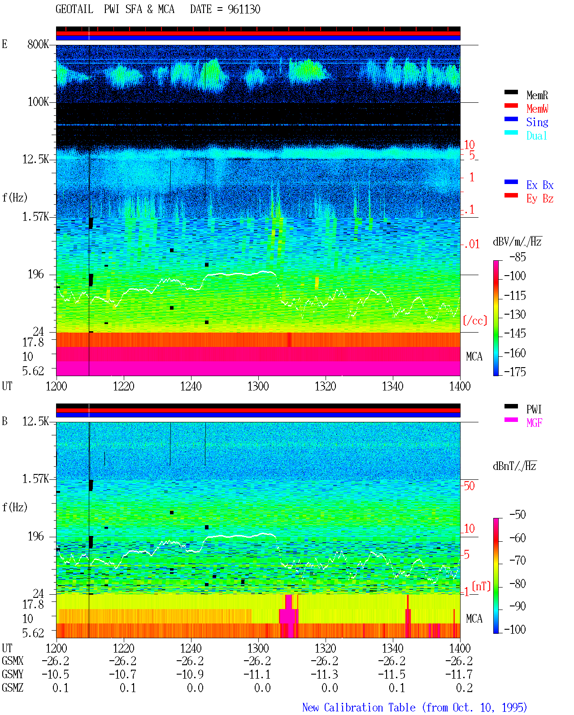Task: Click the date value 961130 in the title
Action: [244, 9]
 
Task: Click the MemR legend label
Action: [537, 95]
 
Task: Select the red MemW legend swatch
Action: [511, 105]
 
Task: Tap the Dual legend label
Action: [536, 136]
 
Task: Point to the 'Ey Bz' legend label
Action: [540, 198]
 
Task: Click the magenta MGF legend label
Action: [534, 423]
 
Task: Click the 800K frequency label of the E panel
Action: [38, 44]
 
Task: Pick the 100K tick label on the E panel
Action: [38, 102]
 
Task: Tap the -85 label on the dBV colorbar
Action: [517, 257]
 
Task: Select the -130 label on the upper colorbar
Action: [515, 314]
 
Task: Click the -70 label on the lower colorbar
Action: [517, 561]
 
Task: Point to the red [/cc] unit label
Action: [475, 320]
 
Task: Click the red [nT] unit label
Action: [481, 586]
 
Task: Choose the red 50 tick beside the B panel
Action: [469, 486]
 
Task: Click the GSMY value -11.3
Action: [324, 675]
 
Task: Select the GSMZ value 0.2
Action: [464, 688]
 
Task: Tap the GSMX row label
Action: [13, 661]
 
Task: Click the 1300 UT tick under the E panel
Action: [258, 386]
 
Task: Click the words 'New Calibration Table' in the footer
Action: [359, 707]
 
